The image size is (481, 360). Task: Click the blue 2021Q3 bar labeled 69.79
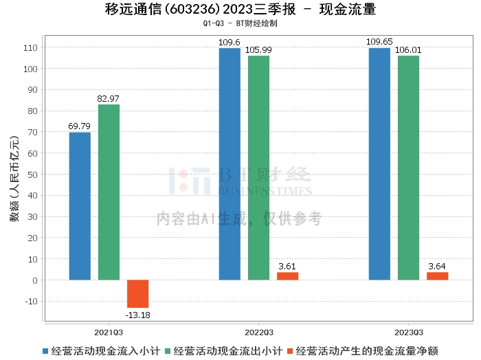pyautogui.click(x=80, y=206)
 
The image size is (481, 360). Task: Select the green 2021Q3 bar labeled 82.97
pyautogui.click(x=109, y=192)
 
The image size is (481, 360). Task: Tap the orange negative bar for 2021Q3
pyautogui.click(x=137, y=293)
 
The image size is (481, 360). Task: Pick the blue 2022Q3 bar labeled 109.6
pyautogui.click(x=230, y=164)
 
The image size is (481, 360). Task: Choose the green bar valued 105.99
pyautogui.click(x=258, y=168)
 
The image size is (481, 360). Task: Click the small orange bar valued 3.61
pyautogui.click(x=287, y=276)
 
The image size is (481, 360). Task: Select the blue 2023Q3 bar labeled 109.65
pyautogui.click(x=379, y=164)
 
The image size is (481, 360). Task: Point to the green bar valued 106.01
pyautogui.click(x=408, y=168)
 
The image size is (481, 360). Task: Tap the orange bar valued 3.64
pyautogui.click(x=437, y=276)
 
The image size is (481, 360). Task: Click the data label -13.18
pyautogui.click(x=137, y=315)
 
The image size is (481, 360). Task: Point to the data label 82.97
pyautogui.click(x=109, y=99)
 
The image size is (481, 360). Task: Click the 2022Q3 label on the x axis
pyautogui.click(x=258, y=332)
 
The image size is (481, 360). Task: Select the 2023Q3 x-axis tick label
pyautogui.click(x=408, y=332)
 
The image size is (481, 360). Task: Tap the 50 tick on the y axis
pyautogui.click(x=32, y=175)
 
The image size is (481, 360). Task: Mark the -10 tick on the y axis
pyautogui.click(x=30, y=302)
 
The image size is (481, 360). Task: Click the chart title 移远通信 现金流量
pyautogui.click(x=240, y=10)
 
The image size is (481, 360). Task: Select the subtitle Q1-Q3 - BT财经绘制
pyautogui.click(x=240, y=23)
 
